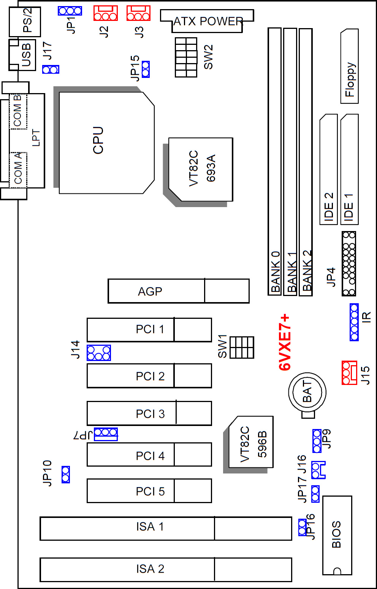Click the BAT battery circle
pyautogui.click(x=307, y=392)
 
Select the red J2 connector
pyautogui.click(x=105, y=13)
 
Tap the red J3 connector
pyautogui.click(x=138, y=13)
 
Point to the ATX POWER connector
pyautogui.click(x=208, y=21)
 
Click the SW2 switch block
pyautogui.click(x=186, y=57)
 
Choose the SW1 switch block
pyautogui.click(x=242, y=347)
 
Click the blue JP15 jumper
pyautogui.click(x=145, y=69)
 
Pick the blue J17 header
pyautogui.click(x=51, y=70)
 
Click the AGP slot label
pyautogui.click(x=150, y=291)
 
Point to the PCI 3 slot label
pyautogui.click(x=150, y=413)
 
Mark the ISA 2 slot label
pyautogui.click(x=150, y=569)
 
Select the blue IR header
pyautogui.click(x=354, y=322)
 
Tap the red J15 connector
pyautogui.click(x=349, y=372)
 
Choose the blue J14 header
pyautogui.click(x=98, y=353)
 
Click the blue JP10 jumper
pyautogui.click(x=65, y=474)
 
